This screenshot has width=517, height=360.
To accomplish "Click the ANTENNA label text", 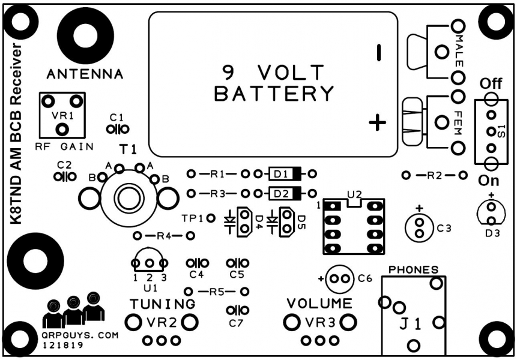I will click(85, 74).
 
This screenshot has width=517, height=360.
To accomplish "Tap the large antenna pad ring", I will click(85, 39).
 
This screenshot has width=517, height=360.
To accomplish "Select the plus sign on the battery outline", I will click(377, 124).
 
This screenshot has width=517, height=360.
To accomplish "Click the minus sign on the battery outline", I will click(379, 53).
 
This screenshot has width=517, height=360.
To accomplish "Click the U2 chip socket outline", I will click(352, 227).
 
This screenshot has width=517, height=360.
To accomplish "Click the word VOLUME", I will click(319, 302).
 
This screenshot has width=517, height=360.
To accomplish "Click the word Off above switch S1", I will click(491, 83).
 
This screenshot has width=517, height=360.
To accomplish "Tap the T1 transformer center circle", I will click(128, 196).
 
